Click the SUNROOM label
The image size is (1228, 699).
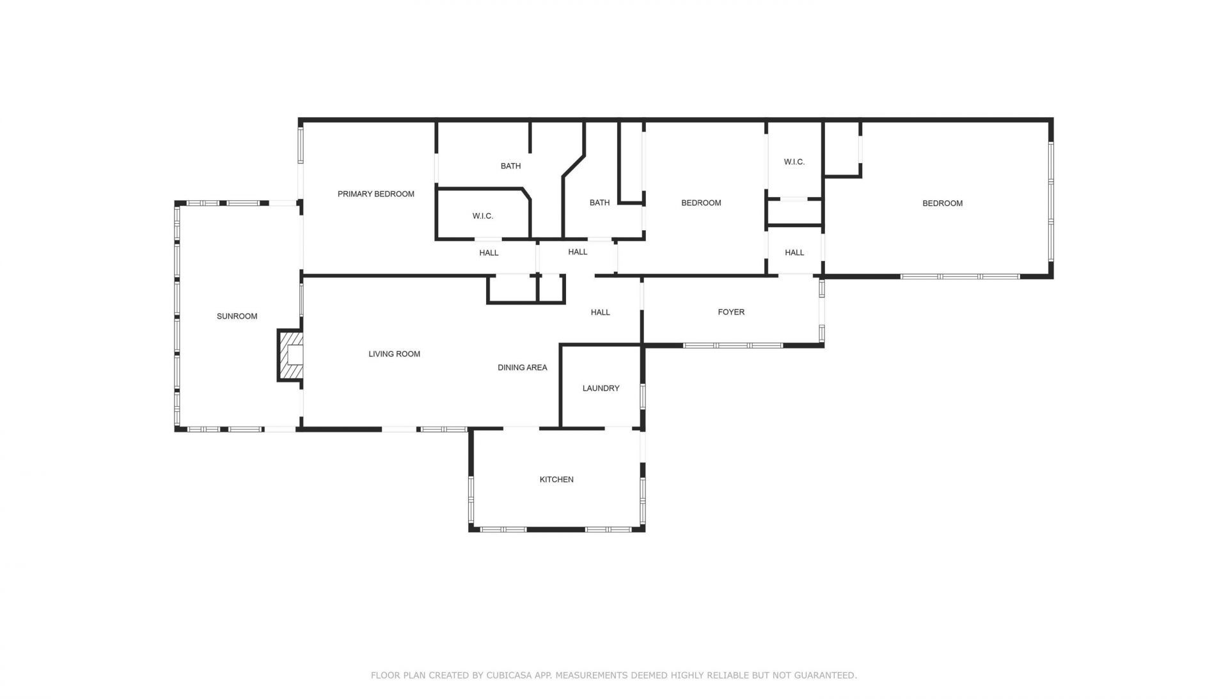[x=237, y=316]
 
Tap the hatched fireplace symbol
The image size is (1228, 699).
[x=290, y=356]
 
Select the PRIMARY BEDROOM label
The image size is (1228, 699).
[x=375, y=194]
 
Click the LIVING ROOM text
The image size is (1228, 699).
[x=394, y=354]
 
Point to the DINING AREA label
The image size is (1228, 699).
[x=522, y=367]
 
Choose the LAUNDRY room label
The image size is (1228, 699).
[x=601, y=388]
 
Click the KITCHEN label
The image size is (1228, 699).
[x=556, y=479]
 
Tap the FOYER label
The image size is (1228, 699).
[x=731, y=312]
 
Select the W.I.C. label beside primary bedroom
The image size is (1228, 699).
[x=482, y=216]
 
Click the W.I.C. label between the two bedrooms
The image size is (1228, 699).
[x=794, y=162]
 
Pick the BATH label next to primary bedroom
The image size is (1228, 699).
[x=510, y=166]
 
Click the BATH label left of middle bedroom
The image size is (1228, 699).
[x=599, y=203]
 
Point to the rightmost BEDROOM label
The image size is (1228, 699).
[x=942, y=203]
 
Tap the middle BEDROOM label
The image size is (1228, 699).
[x=701, y=203]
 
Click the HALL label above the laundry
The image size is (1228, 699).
[x=600, y=312]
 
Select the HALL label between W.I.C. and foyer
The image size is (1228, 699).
[x=794, y=253]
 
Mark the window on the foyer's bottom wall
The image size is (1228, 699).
[x=732, y=345]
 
